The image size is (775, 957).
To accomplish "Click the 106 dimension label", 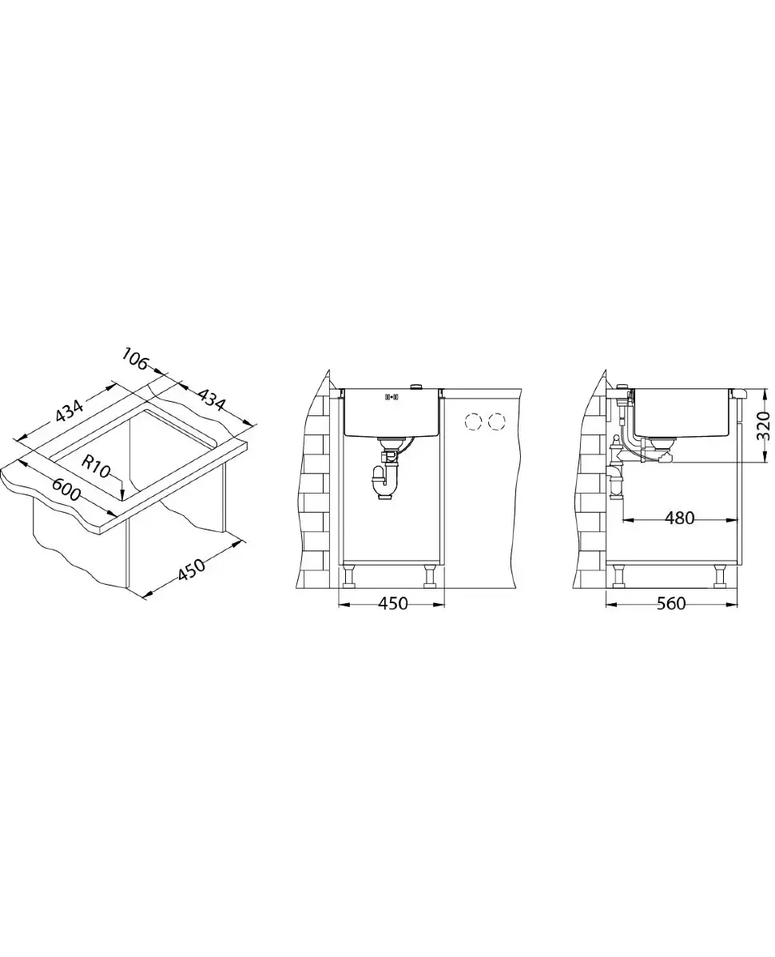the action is pos(136,358).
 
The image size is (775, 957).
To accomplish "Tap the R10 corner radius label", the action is pos(96,467).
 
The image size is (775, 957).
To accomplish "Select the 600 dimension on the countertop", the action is pos(66,488).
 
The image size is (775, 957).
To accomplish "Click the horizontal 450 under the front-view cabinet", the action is pos(393,604).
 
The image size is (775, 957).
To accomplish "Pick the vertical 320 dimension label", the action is pos(763,426).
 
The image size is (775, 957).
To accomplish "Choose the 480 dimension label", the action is pos(679,518).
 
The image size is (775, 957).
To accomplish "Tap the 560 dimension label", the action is pos(671,604).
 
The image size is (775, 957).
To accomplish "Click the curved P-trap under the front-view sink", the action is pos(382,482).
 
